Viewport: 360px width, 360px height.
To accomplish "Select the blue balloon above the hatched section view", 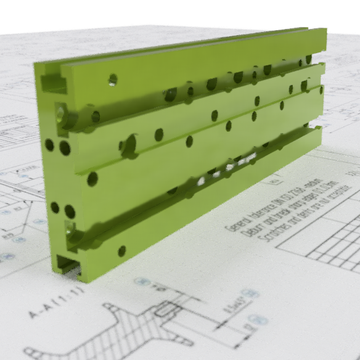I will point(143,281).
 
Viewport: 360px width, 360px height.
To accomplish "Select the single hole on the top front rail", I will point(113,79).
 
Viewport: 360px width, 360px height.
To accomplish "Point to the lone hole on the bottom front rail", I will point(121,250).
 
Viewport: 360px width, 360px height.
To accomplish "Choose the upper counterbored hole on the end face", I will point(60,115).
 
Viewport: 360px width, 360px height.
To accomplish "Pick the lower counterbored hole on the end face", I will point(72,235).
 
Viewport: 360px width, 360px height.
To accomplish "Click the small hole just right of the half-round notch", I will point(158,134).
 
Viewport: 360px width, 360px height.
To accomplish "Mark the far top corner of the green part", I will point(325,29).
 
